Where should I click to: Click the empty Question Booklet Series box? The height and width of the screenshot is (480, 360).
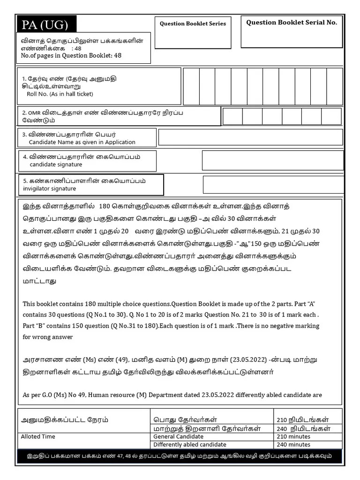(x=193, y=37)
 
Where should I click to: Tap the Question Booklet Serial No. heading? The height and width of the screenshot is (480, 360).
(x=291, y=22)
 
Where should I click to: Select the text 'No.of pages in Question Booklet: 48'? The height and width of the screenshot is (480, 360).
(x=71, y=55)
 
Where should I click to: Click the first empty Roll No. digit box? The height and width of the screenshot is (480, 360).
(x=191, y=86)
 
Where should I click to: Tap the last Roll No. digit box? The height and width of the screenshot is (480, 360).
(x=334, y=86)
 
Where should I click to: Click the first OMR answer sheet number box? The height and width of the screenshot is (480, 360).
(x=232, y=116)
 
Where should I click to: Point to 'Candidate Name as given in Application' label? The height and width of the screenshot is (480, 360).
(x=82, y=142)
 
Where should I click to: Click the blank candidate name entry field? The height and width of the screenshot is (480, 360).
(x=250, y=137)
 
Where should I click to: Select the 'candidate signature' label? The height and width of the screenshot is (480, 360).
(x=56, y=165)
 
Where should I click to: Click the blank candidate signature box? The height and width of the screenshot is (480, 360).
(x=272, y=160)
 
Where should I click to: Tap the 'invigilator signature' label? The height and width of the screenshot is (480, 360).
(x=49, y=188)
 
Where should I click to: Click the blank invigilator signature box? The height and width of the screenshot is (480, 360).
(x=272, y=185)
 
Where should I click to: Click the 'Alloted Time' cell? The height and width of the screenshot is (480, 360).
(x=38, y=436)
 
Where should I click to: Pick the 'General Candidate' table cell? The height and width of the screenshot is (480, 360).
(x=178, y=436)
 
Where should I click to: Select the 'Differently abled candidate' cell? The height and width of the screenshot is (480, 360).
(x=189, y=444)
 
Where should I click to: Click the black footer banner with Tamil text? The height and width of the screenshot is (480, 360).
(x=180, y=456)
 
